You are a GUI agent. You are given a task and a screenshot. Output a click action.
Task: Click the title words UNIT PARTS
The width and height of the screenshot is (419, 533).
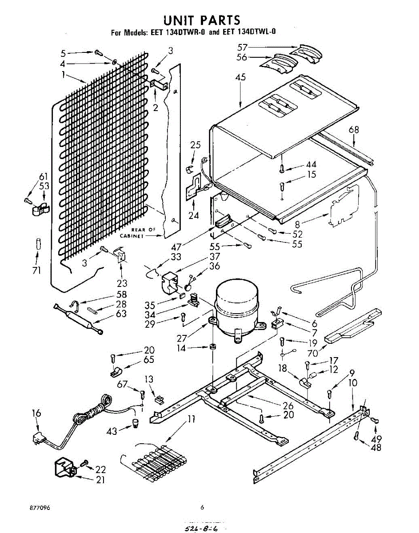pyautogui.click(x=202, y=20)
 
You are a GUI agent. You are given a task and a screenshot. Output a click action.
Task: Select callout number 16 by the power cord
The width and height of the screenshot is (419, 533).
pyautogui.click(x=36, y=414)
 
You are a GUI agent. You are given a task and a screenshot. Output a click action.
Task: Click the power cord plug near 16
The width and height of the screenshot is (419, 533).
pyautogui.click(x=38, y=439)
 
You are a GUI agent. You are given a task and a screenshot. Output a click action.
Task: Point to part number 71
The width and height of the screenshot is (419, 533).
pyautogui.click(x=36, y=270)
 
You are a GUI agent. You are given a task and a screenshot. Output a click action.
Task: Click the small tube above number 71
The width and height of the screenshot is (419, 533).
pyautogui.click(x=38, y=245)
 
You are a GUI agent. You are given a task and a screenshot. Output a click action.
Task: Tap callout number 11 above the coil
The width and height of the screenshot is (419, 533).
pyautogui.click(x=192, y=419)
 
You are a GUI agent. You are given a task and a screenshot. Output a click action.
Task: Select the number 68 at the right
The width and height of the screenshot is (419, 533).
pyautogui.click(x=354, y=130)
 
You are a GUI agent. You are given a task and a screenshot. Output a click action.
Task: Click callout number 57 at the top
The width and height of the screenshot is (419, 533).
pyautogui.click(x=242, y=47)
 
